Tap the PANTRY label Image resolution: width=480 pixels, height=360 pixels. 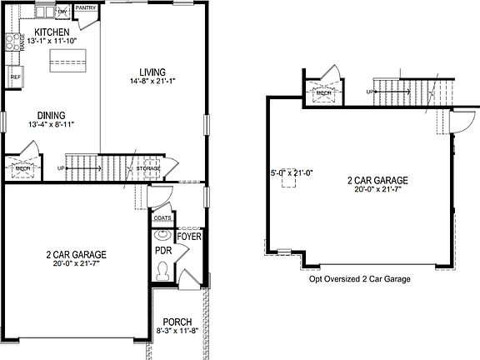tap(86, 8)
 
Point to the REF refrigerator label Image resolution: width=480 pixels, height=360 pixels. tap(15, 77)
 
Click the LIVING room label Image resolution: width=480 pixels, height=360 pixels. tap(152, 72)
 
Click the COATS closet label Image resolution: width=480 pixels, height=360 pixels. tap(162, 219)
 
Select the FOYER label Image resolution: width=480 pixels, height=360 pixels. tap(190, 237)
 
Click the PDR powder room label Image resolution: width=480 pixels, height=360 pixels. tap(162, 250)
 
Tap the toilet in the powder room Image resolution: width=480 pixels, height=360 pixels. tap(164, 271)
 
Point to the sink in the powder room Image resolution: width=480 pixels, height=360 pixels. tap(162, 235)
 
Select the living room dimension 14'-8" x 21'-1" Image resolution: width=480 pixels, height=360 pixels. tap(152, 82)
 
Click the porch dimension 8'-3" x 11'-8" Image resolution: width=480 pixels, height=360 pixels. tap(177, 332)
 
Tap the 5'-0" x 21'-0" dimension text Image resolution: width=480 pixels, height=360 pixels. tap(290, 173)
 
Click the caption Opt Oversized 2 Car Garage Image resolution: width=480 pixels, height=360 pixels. tap(360, 280)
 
